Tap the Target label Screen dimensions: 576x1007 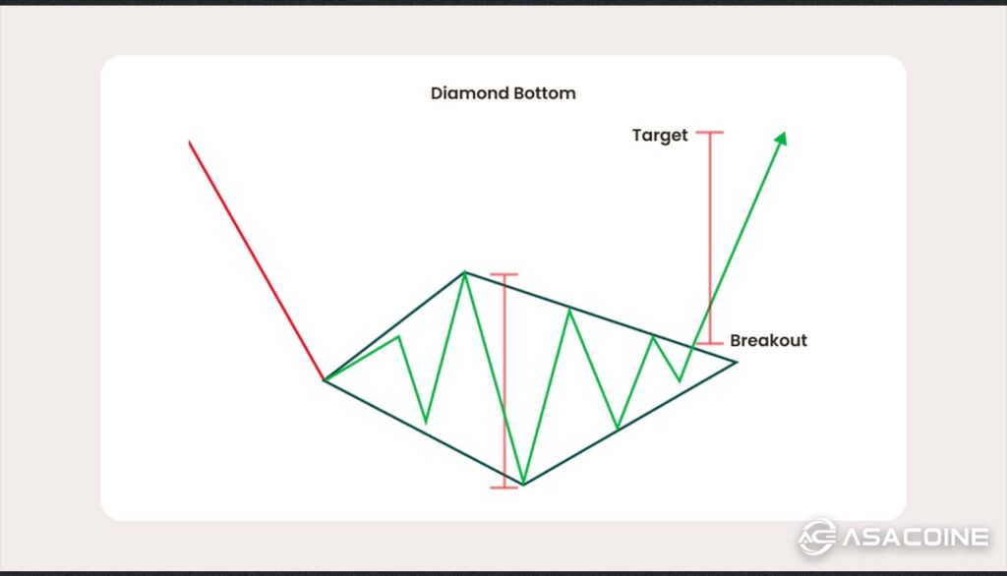(660, 136)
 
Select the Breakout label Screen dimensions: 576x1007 (768, 341)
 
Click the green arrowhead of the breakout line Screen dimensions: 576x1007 (782, 139)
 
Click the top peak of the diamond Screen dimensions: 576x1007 (464, 272)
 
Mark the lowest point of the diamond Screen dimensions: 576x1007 (523, 484)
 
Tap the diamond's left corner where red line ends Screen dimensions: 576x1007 (324, 379)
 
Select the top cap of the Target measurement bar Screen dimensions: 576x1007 (709, 132)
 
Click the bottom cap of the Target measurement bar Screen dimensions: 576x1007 (710, 343)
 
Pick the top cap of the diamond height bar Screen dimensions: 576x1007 (503, 274)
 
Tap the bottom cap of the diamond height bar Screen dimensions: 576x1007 (503, 489)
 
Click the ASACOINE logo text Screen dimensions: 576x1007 (914, 537)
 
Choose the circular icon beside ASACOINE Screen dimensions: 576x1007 (816, 537)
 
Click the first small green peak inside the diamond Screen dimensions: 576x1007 (398, 337)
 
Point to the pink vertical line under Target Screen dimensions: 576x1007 (710, 236)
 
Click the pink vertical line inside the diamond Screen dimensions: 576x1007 (503, 383)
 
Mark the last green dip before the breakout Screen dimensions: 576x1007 (680, 380)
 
